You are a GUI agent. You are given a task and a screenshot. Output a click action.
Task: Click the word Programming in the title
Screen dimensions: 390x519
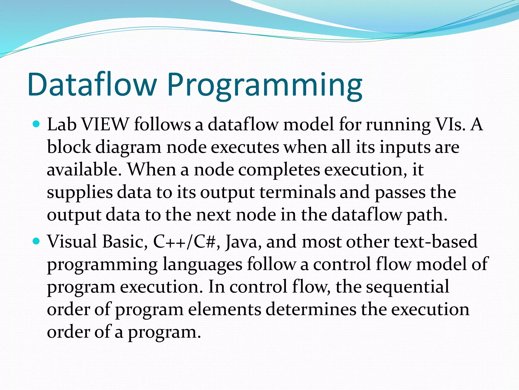pos(265,86)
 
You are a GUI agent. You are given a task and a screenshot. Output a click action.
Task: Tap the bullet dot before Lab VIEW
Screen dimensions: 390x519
pos(36,124)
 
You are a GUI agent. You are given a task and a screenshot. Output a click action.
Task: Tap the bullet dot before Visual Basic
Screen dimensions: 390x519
pos(36,241)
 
